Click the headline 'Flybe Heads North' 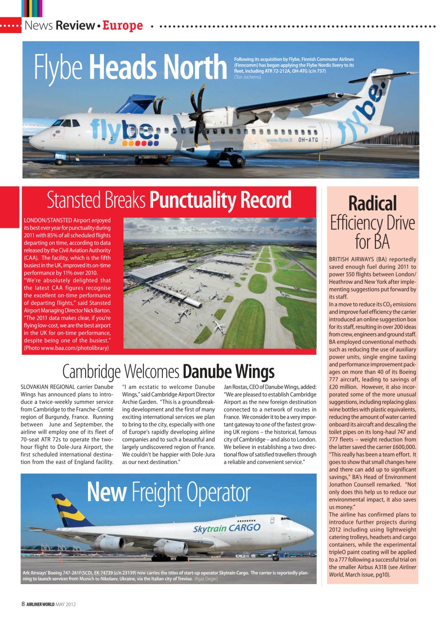coord(130,68)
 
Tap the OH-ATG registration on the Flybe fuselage coord(308,140)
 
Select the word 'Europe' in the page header coord(123,25)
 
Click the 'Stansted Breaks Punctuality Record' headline coord(169,200)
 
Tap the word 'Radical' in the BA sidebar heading coord(372,203)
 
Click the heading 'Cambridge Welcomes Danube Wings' coord(168,372)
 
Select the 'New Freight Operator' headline coord(168,492)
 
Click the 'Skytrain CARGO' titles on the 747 coord(227,528)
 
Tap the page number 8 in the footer coord(23,604)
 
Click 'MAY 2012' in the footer coord(66,604)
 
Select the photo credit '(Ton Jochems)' coord(247,77)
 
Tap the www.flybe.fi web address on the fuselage coord(279,140)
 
